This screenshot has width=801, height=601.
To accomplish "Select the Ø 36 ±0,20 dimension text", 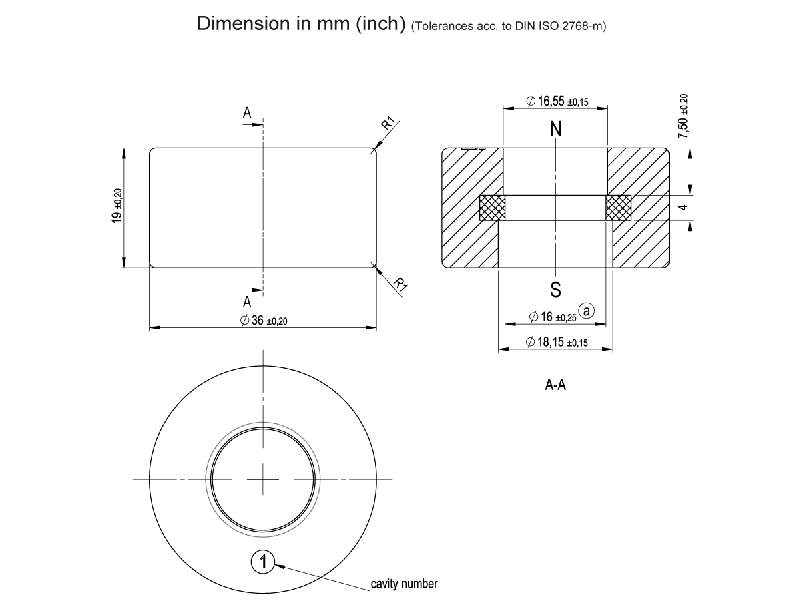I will pyautogui.click(x=264, y=321).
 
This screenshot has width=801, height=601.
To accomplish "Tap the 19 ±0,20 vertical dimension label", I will pyautogui.click(x=117, y=206).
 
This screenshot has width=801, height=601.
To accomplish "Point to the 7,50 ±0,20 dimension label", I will pyautogui.click(x=682, y=117).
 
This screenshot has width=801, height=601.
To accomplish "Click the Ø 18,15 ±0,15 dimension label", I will pyautogui.click(x=556, y=342).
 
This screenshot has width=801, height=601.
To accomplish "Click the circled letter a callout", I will pyautogui.click(x=587, y=311).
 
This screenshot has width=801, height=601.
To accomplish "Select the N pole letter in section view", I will pyautogui.click(x=555, y=129).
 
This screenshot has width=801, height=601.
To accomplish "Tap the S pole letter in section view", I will pyautogui.click(x=555, y=290).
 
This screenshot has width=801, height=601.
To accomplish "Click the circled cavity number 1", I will pyautogui.click(x=263, y=562).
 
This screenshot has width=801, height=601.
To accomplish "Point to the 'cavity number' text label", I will pyautogui.click(x=404, y=584).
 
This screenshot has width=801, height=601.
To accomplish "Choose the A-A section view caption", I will pyautogui.click(x=555, y=385).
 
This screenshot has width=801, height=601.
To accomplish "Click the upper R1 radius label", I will pyautogui.click(x=388, y=124).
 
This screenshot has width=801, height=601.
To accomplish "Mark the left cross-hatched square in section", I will pyautogui.click(x=492, y=207).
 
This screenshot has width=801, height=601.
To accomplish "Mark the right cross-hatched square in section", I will pyautogui.click(x=619, y=207).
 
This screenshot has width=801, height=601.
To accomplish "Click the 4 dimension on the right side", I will pyautogui.click(x=682, y=208).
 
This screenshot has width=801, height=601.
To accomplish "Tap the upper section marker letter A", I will pyautogui.click(x=247, y=114).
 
